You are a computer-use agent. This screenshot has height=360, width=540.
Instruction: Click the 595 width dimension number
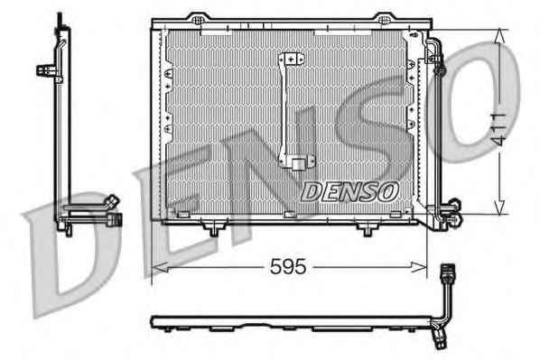pos(288,266)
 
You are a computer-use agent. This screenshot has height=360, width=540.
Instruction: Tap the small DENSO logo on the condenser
pos(349,191)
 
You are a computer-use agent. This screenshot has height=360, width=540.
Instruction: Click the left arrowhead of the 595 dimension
pos(160,267)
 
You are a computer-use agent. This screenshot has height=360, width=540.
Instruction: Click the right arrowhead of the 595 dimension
pos(419,267)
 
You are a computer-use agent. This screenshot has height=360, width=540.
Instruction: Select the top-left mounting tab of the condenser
pos(198,18)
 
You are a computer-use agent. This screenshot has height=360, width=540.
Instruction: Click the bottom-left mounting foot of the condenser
pos(214,229)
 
